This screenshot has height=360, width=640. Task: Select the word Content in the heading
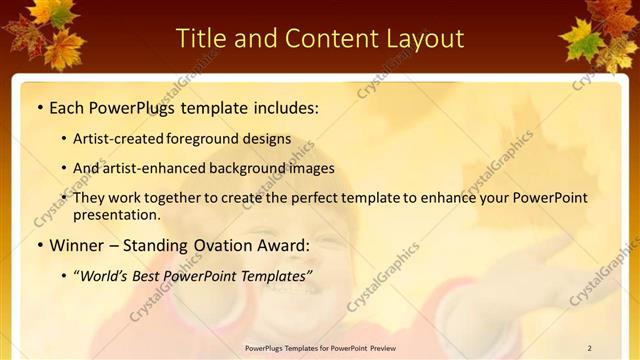pos(322,38)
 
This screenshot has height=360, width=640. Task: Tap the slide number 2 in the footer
pos(589,348)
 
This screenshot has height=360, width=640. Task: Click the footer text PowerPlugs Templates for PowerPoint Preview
pos(319,348)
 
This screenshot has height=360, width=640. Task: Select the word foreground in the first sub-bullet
pos(219,139)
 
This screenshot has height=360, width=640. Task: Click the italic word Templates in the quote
pos(275,275)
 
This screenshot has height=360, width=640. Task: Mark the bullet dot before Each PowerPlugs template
pos(38,107)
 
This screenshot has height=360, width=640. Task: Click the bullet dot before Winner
pos(38,245)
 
